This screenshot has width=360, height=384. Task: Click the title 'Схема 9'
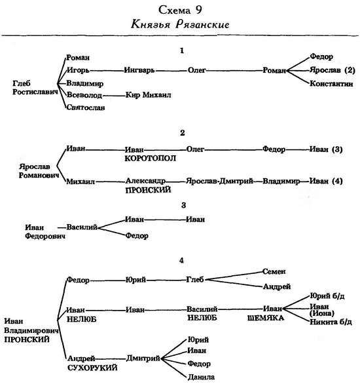point(180,10)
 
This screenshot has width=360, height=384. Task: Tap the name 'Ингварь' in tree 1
point(139,70)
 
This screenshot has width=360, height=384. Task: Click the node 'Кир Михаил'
point(148,95)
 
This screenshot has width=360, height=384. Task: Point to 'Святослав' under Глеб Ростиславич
point(86,107)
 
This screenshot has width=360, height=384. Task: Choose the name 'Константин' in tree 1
point(331,84)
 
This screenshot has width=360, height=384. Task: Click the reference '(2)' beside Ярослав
point(350,70)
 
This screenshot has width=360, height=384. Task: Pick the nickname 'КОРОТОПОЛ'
point(150,159)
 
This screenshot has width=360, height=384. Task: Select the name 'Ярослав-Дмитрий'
point(219,182)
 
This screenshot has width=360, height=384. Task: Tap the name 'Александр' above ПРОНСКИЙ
point(145,181)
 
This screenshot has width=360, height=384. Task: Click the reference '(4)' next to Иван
point(337,182)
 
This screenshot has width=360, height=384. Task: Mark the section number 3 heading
point(184,205)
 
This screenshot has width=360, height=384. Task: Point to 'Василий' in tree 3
point(82,227)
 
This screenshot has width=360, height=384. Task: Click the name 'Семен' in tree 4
point(274,271)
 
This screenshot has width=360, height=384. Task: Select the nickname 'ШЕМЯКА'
point(266,318)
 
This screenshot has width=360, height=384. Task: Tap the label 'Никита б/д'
point(331,322)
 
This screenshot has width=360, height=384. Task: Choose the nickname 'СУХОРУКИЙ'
point(92,368)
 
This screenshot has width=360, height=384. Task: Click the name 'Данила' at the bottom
point(201,377)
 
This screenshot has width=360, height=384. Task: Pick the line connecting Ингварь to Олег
point(171,71)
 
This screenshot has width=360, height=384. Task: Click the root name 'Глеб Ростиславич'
point(35,88)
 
